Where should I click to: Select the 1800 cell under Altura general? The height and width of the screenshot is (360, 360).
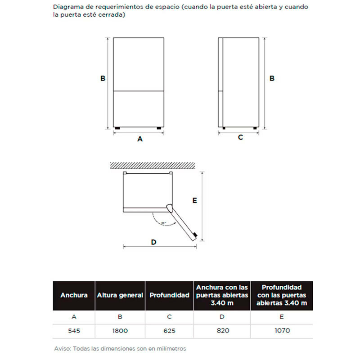point(120,331)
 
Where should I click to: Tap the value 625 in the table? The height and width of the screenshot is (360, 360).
point(169,331)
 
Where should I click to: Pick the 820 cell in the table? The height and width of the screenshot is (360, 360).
point(222,331)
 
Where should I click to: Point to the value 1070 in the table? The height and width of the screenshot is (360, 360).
point(281,331)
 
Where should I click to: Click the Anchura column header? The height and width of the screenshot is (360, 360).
point(74,295)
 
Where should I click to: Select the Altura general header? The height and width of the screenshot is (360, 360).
point(120,295)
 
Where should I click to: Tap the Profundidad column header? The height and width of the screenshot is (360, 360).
point(169,295)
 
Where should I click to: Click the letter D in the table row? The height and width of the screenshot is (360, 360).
point(222,317)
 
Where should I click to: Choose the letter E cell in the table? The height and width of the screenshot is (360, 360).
point(281,317)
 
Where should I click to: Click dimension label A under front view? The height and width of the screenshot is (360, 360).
point(140,139)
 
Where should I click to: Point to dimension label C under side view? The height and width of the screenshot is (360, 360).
point(240,137)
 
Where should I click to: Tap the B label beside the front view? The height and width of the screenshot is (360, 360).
point(103,78)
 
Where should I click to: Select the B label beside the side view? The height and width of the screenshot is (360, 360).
point(272,78)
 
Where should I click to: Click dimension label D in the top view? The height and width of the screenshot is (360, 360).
point(153,242)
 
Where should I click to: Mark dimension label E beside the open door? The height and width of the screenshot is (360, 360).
point(195,201)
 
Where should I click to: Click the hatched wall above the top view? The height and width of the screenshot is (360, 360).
point(153,165)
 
